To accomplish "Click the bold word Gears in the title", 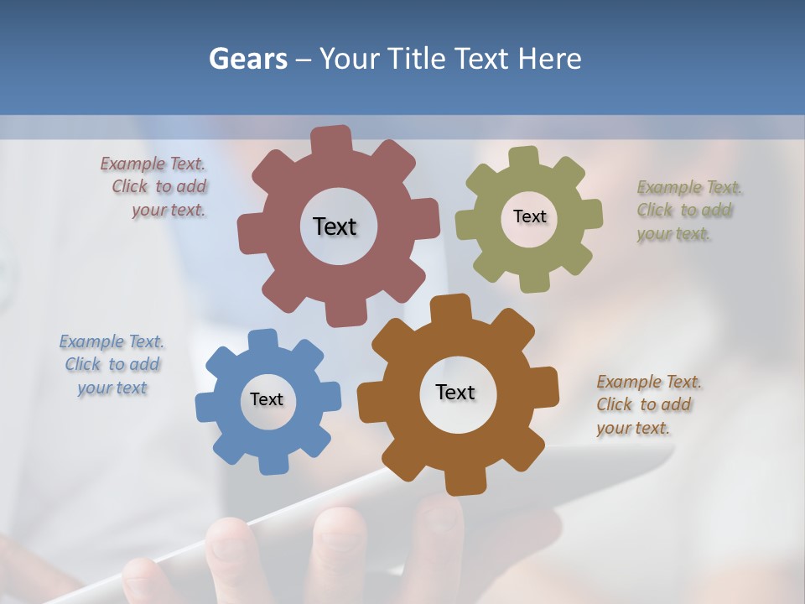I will point(247,59).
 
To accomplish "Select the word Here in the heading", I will point(549,59).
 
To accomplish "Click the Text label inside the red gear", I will point(335,226).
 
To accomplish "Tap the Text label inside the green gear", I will point(529,216).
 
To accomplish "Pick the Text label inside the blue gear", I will point(267,399).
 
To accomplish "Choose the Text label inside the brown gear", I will point(455,392).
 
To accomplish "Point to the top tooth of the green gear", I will point(523,158).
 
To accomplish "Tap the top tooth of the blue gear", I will point(262,340).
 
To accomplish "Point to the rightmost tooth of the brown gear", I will point(546,391).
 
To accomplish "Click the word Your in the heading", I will point(350,59).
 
